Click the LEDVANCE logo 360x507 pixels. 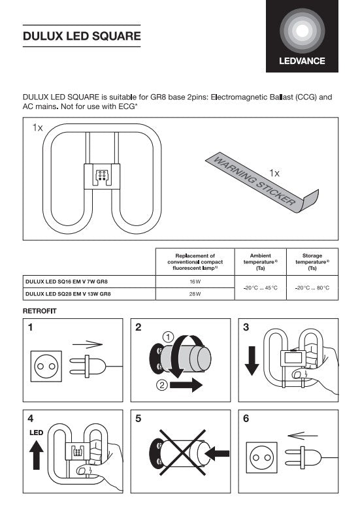pos(302,36)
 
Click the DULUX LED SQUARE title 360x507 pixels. pos(82,36)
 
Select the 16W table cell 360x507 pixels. pos(195,282)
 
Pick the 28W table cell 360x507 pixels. pos(195,294)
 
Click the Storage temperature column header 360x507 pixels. pos(312,262)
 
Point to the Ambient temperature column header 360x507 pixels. pos(261,262)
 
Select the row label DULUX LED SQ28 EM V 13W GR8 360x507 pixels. pos(68,294)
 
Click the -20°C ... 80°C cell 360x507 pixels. pos(312,287)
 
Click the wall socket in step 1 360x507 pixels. pos(46,366)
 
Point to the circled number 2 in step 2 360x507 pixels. pos(162,385)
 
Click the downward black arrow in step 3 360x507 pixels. pos(252,361)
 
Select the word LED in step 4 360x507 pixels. pos(36,433)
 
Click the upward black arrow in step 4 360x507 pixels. pos(36,455)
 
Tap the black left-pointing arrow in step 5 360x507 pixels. pos(217,453)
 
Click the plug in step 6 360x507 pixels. pos(303,458)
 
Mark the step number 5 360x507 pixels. pos(138,419)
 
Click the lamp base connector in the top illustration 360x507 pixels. pos(102,176)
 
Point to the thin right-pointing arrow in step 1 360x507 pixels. pos(88,345)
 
